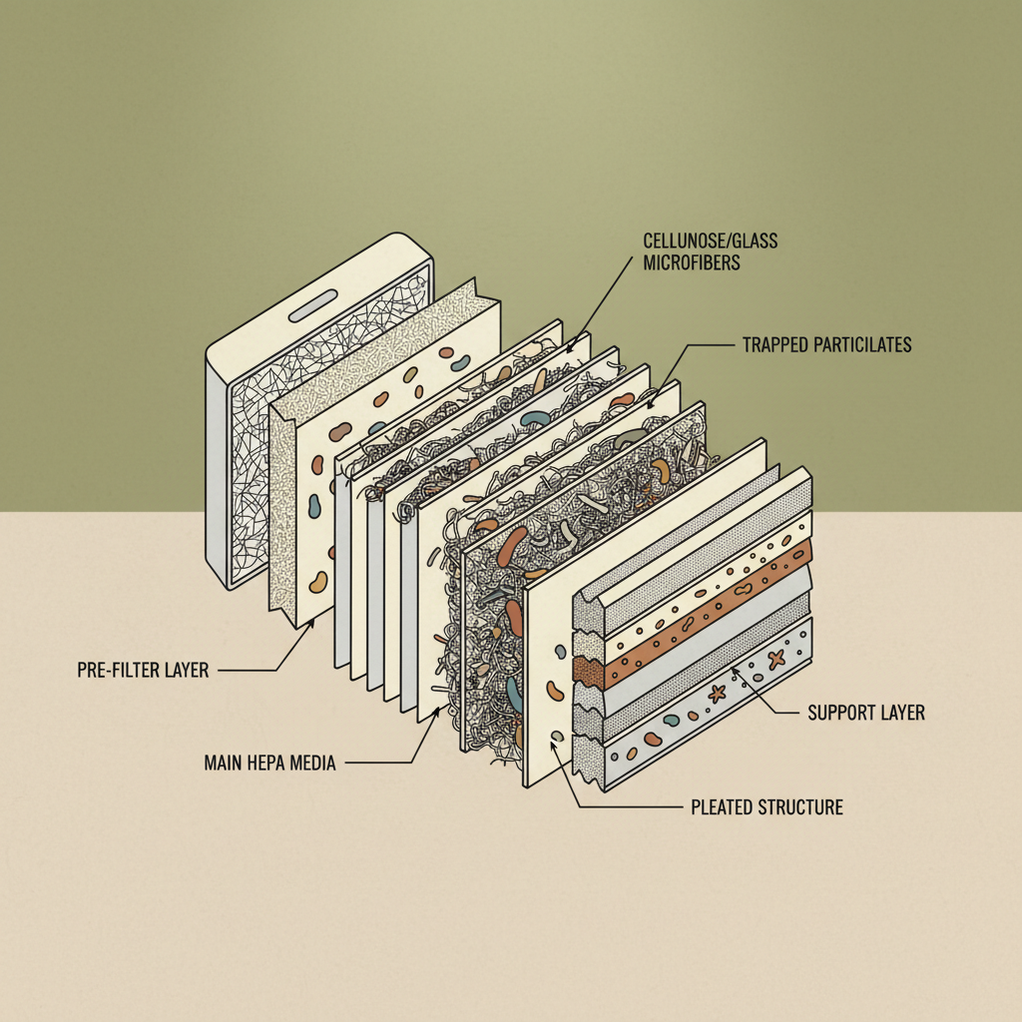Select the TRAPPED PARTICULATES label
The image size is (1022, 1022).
pos(826,345)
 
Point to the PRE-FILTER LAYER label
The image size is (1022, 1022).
pos(143,670)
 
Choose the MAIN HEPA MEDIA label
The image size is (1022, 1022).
pos(269,763)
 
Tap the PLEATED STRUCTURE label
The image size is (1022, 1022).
pos(766,806)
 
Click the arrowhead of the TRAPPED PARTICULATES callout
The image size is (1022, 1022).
pos(651,407)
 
